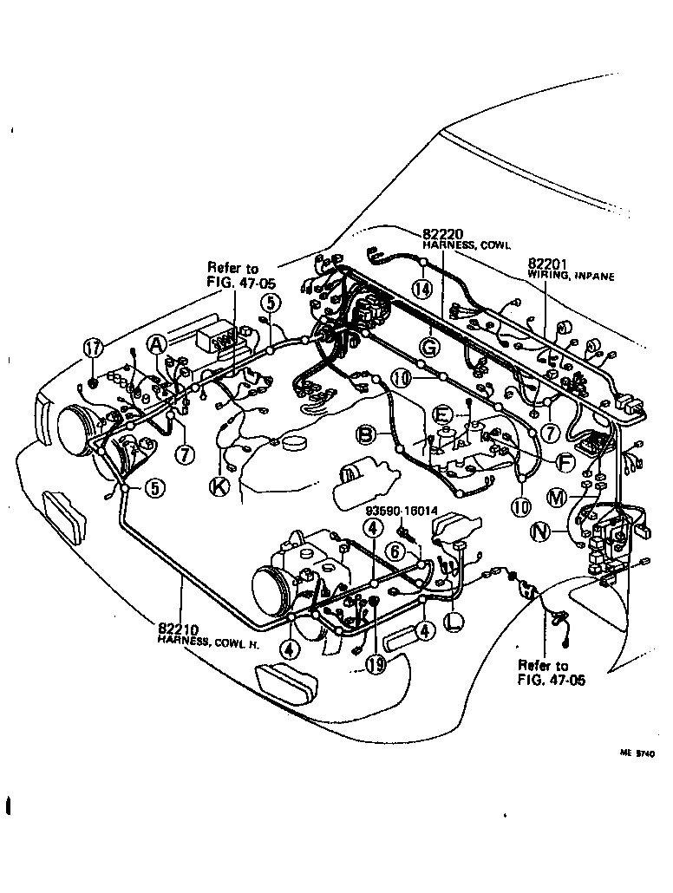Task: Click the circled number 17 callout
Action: [x=93, y=349]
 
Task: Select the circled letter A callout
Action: [x=156, y=345]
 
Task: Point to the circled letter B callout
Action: [x=367, y=433]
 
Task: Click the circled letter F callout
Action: [x=565, y=463]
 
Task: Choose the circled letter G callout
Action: [x=428, y=348]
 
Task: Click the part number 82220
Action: [x=443, y=234]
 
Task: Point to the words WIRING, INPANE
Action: [x=571, y=276]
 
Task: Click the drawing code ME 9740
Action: [x=637, y=753]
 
